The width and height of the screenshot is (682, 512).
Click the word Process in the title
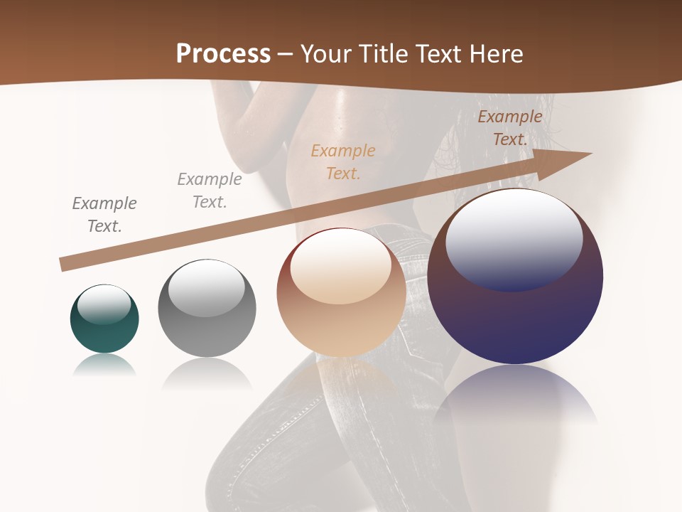(x=223, y=54)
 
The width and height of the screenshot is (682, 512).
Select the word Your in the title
(x=323, y=54)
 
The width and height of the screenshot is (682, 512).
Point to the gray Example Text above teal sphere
(x=104, y=215)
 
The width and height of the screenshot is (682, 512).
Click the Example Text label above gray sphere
(x=210, y=191)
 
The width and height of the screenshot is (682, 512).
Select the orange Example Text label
(x=343, y=161)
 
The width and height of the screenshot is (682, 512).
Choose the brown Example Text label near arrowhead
(x=510, y=128)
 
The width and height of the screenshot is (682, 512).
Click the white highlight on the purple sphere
(x=514, y=238)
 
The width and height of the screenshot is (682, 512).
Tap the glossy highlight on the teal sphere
(x=104, y=304)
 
